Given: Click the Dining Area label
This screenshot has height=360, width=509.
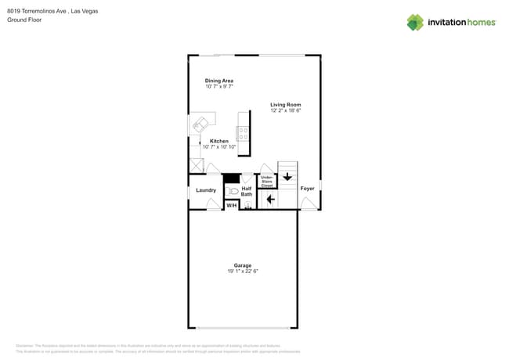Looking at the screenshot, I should coord(219,81).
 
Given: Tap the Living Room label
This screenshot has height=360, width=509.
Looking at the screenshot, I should coord(285,104).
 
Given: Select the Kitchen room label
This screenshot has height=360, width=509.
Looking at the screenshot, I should coord(219,141).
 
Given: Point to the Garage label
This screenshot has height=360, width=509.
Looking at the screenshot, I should coord(243,265).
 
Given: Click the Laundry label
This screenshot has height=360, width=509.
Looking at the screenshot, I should coord(206,190).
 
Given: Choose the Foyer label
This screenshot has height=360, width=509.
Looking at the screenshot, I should coord(308,189).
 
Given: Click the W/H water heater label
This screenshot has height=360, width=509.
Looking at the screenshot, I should coord(232,205).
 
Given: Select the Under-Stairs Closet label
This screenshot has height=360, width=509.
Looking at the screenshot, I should coord(267,182).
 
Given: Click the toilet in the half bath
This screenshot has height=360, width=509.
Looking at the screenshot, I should coord(233,191).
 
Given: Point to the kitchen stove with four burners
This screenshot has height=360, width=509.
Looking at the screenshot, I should coord(244,133).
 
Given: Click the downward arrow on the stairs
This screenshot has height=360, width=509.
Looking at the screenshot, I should coord(287,177).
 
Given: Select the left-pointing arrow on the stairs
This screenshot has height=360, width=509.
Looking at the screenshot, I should coord(270,200).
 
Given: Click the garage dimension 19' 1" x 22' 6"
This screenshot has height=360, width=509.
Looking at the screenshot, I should coord(243,272).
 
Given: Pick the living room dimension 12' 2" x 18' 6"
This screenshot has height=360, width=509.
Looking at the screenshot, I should coord(285,110).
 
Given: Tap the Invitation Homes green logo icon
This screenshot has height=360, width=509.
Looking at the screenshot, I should coord(415,22).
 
